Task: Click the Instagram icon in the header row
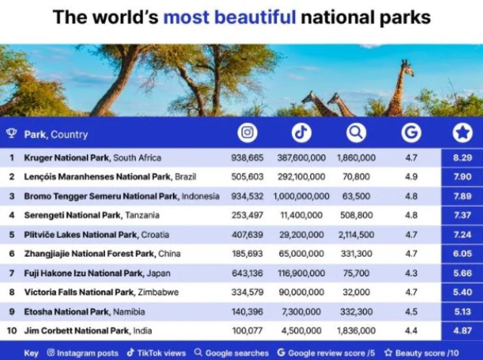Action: pyautogui.click(x=247, y=133)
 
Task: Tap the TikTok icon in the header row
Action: pyautogui.click(x=301, y=133)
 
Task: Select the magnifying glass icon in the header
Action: pyautogui.click(x=356, y=133)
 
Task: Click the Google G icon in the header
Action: pyautogui.click(x=411, y=133)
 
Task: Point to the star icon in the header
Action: pyautogui.click(x=462, y=133)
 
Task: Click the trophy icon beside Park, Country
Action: pyautogui.click(x=11, y=133)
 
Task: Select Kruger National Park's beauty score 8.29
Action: pyautogui.click(x=462, y=158)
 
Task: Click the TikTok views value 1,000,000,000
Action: pyautogui.click(x=301, y=196)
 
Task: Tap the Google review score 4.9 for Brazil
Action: pyautogui.click(x=411, y=177)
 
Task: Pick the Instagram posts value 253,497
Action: pyautogui.click(x=247, y=215)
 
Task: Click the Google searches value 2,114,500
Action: pyautogui.click(x=356, y=235)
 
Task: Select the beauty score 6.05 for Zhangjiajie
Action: pyautogui.click(x=462, y=254)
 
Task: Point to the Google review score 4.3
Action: pyautogui.click(x=411, y=273)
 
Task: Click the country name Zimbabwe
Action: pyautogui.click(x=158, y=292)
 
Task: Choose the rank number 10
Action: pyautogui.click(x=12, y=331)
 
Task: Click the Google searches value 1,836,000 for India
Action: pyautogui.click(x=356, y=331)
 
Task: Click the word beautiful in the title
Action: pyautogui.click(x=229, y=17)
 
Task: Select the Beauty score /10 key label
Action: pyautogui.click(x=421, y=353)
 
